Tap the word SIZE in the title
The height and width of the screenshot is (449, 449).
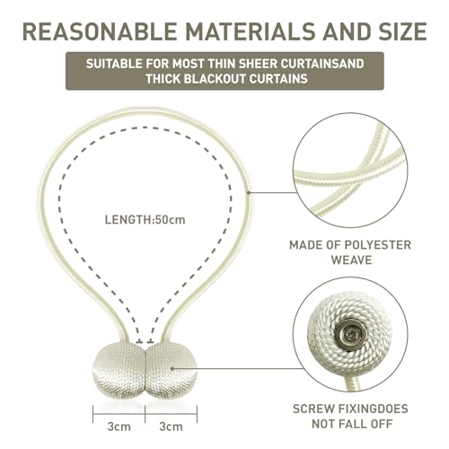(x=403, y=31)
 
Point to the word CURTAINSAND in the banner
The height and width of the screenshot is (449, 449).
(x=322, y=64)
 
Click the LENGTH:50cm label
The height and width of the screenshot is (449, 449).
(x=145, y=220)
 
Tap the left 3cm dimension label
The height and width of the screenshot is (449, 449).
(x=119, y=427)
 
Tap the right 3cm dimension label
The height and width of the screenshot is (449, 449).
(x=171, y=427)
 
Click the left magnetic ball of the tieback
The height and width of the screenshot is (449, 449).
(x=119, y=371)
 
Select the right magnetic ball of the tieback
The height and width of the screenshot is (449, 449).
(x=172, y=371)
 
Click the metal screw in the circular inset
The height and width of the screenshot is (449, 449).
(x=348, y=333)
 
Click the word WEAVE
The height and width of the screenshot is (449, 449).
(x=351, y=260)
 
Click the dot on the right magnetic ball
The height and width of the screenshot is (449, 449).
(x=172, y=368)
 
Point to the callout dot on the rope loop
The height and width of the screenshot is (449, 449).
(x=249, y=192)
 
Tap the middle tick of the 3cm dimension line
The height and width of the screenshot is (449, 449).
(x=145, y=414)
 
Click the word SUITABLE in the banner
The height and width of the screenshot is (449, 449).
(x=114, y=64)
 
